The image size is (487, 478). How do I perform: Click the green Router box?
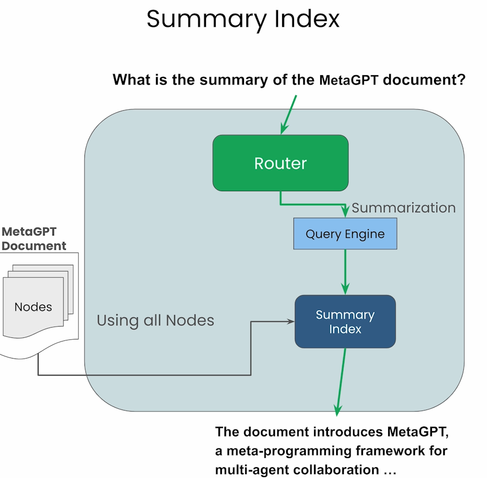point(281,163)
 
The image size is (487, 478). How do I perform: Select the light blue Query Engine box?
point(345,234)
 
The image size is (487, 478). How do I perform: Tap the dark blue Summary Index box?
point(345,321)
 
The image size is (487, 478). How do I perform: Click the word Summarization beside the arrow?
point(404,208)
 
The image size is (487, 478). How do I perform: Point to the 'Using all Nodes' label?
point(155,320)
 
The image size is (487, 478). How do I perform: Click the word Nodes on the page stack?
point(33,307)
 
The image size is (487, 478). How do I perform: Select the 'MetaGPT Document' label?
point(33,238)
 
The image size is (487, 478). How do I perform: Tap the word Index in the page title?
point(307,19)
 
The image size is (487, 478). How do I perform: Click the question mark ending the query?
point(462,79)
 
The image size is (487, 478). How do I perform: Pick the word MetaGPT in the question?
point(349,80)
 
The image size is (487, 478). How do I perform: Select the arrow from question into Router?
point(288,115)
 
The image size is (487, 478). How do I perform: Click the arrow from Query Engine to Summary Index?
point(345,272)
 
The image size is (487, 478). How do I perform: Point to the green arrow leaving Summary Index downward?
point(341,382)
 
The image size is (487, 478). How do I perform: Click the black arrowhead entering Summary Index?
point(291,321)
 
